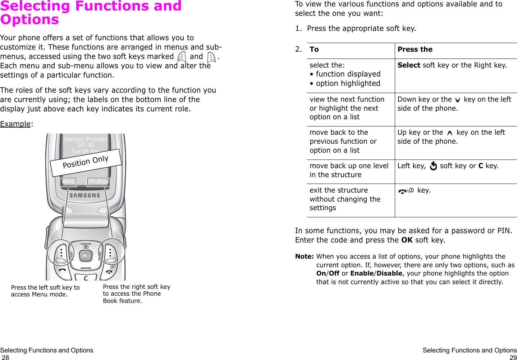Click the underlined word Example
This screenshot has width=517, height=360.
[x=15, y=124]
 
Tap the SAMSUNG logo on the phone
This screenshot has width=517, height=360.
[x=85, y=195]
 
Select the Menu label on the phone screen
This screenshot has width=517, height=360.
[x=68, y=182]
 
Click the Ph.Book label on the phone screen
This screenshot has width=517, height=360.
[x=99, y=182]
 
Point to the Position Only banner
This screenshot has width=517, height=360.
[x=86, y=162]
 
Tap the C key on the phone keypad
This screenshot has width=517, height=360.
[x=86, y=278]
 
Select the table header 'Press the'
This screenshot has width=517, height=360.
[x=415, y=50]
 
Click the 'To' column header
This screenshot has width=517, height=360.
[x=314, y=50]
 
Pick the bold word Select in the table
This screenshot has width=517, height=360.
[x=409, y=65]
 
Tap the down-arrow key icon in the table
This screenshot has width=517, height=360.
[x=457, y=100]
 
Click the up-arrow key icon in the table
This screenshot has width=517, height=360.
[x=449, y=133]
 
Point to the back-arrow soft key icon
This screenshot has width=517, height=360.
[x=433, y=166]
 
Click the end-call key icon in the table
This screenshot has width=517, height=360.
[x=406, y=191]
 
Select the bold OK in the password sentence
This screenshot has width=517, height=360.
[x=407, y=240]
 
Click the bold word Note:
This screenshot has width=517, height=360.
[x=304, y=257]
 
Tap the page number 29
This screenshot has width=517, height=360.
[x=513, y=357]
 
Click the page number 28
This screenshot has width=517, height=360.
[x=5, y=357]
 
